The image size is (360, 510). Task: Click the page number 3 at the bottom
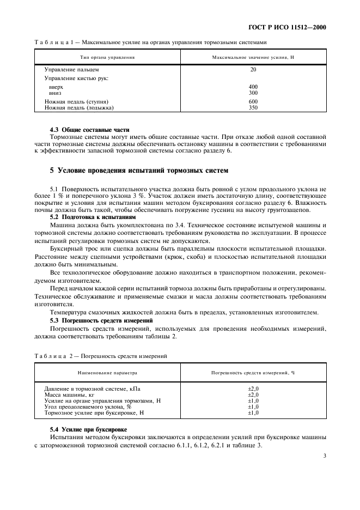point(324,456)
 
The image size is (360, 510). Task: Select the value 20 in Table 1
point(253,70)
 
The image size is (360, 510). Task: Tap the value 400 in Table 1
point(253,87)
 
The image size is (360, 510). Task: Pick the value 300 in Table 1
point(253,93)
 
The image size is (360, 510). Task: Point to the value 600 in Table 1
point(253,101)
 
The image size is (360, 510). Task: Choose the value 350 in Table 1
point(253,107)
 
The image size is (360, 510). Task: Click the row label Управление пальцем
point(71,70)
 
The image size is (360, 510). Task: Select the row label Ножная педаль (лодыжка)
point(79,107)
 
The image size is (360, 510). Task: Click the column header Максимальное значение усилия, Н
point(253,57)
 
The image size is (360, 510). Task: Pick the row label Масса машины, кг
point(69,394)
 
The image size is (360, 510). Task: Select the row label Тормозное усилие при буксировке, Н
point(94,412)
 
